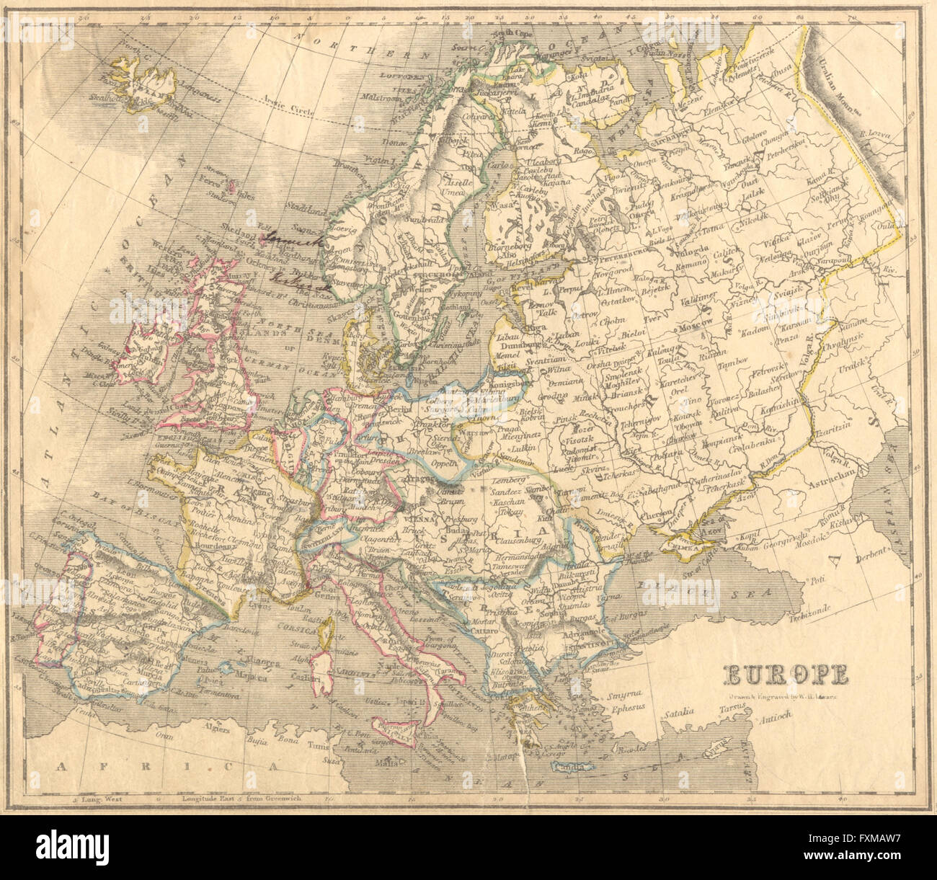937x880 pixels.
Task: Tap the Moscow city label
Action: tap(698, 327)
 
